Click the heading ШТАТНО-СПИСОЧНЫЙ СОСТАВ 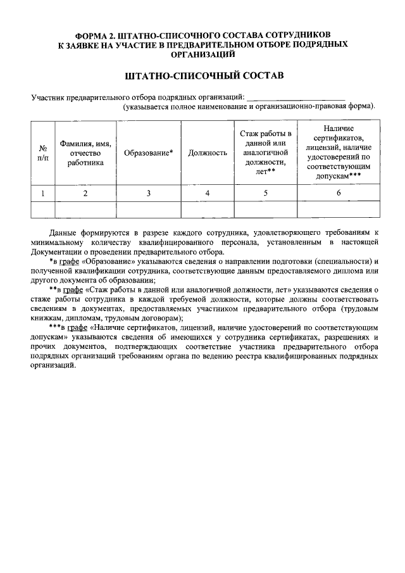click(202, 76)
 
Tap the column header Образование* click(148, 153)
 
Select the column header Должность click(208, 153)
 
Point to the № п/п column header click(43, 153)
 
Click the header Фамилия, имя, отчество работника click(85, 153)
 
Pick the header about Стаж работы click(266, 153)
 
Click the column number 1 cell click(43, 193)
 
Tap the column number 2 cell click(85, 193)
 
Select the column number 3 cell click(148, 193)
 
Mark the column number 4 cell click(208, 193)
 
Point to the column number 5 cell click(266, 193)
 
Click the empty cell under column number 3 click(148, 209)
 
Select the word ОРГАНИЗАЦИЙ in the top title click(202, 54)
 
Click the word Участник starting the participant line click(47, 97)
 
